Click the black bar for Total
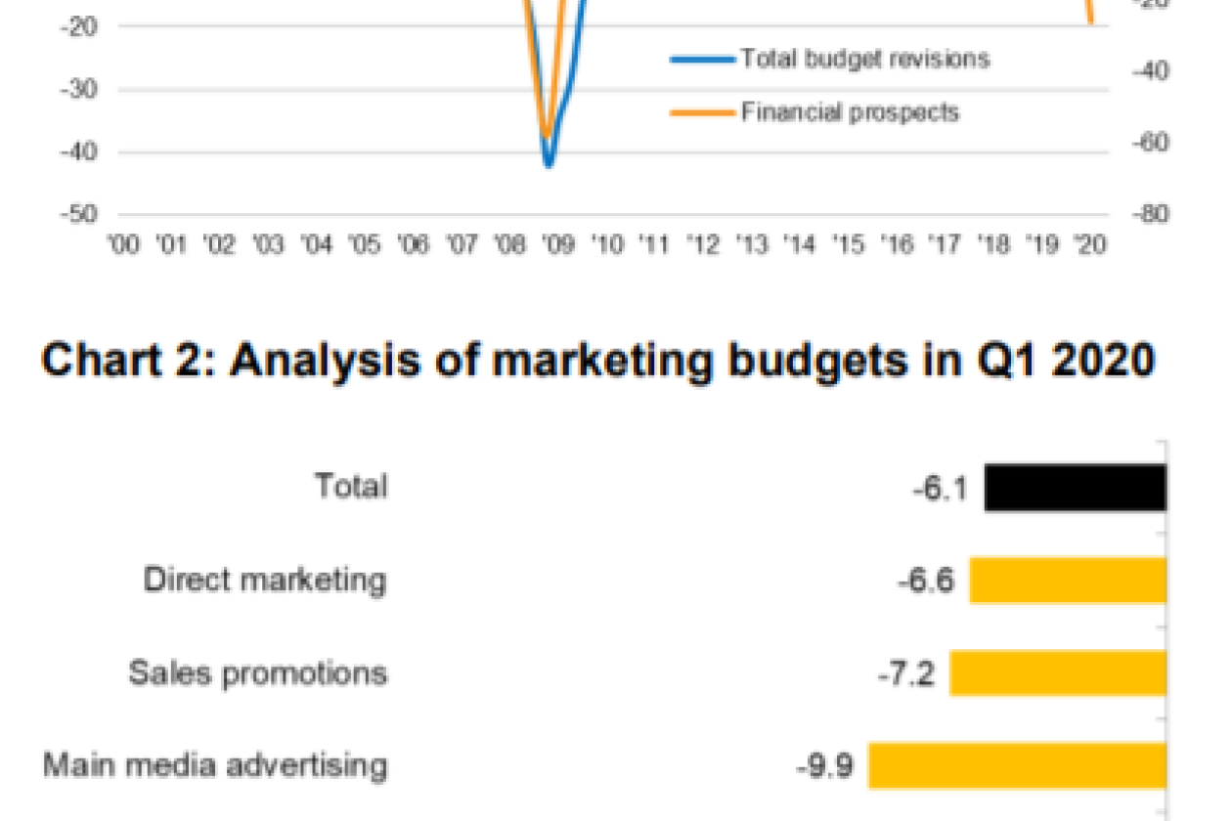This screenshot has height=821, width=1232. pyautogui.click(x=1076, y=487)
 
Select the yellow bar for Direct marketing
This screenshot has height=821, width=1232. pyautogui.click(x=1068, y=581)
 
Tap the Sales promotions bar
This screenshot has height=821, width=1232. pyautogui.click(x=1058, y=673)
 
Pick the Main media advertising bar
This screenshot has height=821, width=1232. pyautogui.click(x=1017, y=765)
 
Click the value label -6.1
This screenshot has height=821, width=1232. pyautogui.click(x=939, y=487)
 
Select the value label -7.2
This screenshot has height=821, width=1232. pyautogui.click(x=905, y=673)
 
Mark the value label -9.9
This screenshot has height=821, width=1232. pyautogui.click(x=823, y=765)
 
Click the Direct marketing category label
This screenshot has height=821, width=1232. pyautogui.click(x=265, y=580)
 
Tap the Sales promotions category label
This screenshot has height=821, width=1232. pyautogui.click(x=258, y=672)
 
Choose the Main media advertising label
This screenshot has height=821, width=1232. pyautogui.click(x=215, y=764)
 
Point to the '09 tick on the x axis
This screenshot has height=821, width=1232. pyautogui.click(x=557, y=244)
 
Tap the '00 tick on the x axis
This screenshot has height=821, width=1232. pyautogui.click(x=124, y=244)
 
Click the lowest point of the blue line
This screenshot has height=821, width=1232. pyautogui.click(x=549, y=164)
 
